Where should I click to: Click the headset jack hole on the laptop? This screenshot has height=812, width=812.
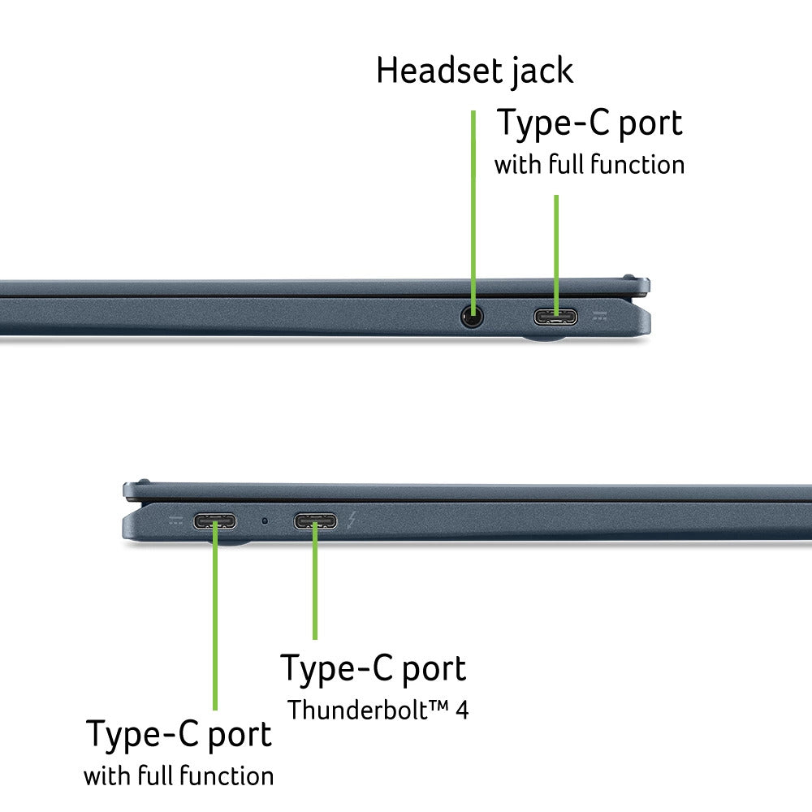tap(473, 316)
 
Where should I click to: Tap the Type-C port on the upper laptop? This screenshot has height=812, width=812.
tap(555, 317)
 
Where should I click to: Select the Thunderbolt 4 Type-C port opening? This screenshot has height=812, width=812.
tap(315, 521)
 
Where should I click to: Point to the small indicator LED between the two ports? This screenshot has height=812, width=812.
tap(265, 520)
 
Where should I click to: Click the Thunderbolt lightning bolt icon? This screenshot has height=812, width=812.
tap(352, 520)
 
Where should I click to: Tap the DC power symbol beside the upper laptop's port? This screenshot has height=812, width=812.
tap(599, 315)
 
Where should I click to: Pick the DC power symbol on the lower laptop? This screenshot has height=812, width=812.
tap(176, 520)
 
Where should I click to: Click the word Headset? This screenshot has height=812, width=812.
tap(438, 71)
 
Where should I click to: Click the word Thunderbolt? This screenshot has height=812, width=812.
tap(358, 710)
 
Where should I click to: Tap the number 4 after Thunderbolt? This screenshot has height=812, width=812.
tap(463, 710)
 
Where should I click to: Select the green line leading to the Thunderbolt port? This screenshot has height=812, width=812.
tap(315, 581)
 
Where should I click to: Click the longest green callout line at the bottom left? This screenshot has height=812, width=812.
tap(215, 615)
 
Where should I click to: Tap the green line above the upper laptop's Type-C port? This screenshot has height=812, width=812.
tap(556, 255)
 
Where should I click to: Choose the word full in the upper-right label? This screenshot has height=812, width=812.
tap(567, 164)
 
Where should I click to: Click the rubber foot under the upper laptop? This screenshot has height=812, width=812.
tap(544, 339)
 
